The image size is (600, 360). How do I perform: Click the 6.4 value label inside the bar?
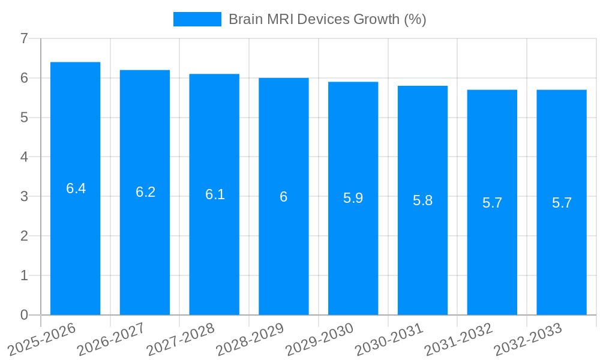click(x=76, y=188)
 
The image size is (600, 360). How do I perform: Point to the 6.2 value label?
click(x=145, y=192)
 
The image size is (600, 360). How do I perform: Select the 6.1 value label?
click(x=215, y=194)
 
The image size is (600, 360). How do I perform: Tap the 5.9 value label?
click(x=353, y=198)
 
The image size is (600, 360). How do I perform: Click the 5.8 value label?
click(x=422, y=200)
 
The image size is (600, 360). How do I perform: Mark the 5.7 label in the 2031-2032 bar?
click(x=492, y=203)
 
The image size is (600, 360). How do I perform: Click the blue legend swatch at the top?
click(x=197, y=19)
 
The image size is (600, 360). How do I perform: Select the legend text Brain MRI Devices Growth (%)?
click(x=327, y=19)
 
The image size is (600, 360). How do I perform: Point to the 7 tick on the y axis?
click(x=24, y=38)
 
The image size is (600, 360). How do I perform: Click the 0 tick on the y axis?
click(x=24, y=315)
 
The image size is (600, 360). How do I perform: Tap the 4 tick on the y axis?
click(x=24, y=157)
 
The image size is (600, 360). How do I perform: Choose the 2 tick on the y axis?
click(x=24, y=236)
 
